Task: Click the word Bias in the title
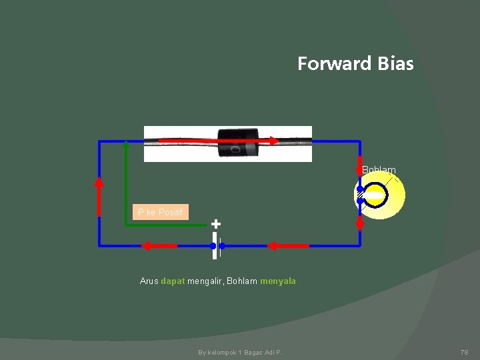click(x=395, y=64)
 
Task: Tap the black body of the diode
click(x=239, y=143)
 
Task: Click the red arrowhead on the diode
click(x=273, y=141)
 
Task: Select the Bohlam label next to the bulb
click(x=379, y=170)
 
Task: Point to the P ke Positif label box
click(x=161, y=213)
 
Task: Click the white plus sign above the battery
click(x=215, y=224)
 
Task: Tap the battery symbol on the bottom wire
click(x=215, y=245)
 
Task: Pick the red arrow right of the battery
click(x=289, y=246)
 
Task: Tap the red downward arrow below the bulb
click(x=360, y=221)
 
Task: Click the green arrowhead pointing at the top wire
click(x=126, y=147)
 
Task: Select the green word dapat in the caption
click(x=173, y=281)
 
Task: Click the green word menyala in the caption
click(x=278, y=281)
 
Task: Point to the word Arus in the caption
click(x=149, y=281)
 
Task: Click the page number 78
click(x=465, y=352)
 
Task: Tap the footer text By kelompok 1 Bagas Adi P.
click(x=240, y=352)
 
